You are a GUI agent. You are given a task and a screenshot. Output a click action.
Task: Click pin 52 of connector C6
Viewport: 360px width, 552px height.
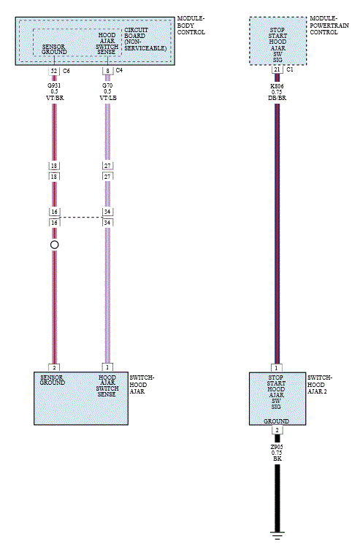54,71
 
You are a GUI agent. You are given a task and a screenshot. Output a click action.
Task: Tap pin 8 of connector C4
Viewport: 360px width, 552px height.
107,71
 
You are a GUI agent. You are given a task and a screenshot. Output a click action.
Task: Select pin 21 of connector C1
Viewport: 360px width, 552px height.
277,69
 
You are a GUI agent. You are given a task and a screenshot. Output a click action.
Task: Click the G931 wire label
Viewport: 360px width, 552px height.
54,85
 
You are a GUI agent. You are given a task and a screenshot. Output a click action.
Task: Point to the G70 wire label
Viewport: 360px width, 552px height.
107,85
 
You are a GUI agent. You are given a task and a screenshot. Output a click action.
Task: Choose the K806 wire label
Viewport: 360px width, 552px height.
277,86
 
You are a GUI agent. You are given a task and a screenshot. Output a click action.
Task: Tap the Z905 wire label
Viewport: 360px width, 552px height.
277,447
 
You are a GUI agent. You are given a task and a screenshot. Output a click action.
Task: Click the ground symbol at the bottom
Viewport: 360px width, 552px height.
277,535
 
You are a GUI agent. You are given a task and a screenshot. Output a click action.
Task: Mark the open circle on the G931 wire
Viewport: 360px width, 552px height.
54,245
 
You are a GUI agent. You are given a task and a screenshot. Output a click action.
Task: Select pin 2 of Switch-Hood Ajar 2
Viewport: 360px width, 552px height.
277,430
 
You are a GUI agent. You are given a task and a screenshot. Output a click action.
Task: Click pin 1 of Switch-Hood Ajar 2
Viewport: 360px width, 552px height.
277,368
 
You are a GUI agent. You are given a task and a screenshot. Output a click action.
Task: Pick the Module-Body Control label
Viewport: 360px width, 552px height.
191,26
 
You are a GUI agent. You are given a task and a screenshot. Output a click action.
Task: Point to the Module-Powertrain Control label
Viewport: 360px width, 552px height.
329,26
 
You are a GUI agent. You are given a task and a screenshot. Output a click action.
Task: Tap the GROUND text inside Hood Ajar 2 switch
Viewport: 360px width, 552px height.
276,421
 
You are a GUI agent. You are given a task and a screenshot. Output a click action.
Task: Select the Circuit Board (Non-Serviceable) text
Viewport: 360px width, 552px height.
145,39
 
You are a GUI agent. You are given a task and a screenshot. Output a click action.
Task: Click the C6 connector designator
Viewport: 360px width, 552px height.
66,71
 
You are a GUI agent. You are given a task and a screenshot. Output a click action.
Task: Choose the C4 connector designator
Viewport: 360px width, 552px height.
119,70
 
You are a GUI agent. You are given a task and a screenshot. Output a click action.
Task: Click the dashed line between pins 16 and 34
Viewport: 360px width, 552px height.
81,217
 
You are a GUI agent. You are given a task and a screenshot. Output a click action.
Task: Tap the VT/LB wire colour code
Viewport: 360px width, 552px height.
107,98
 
